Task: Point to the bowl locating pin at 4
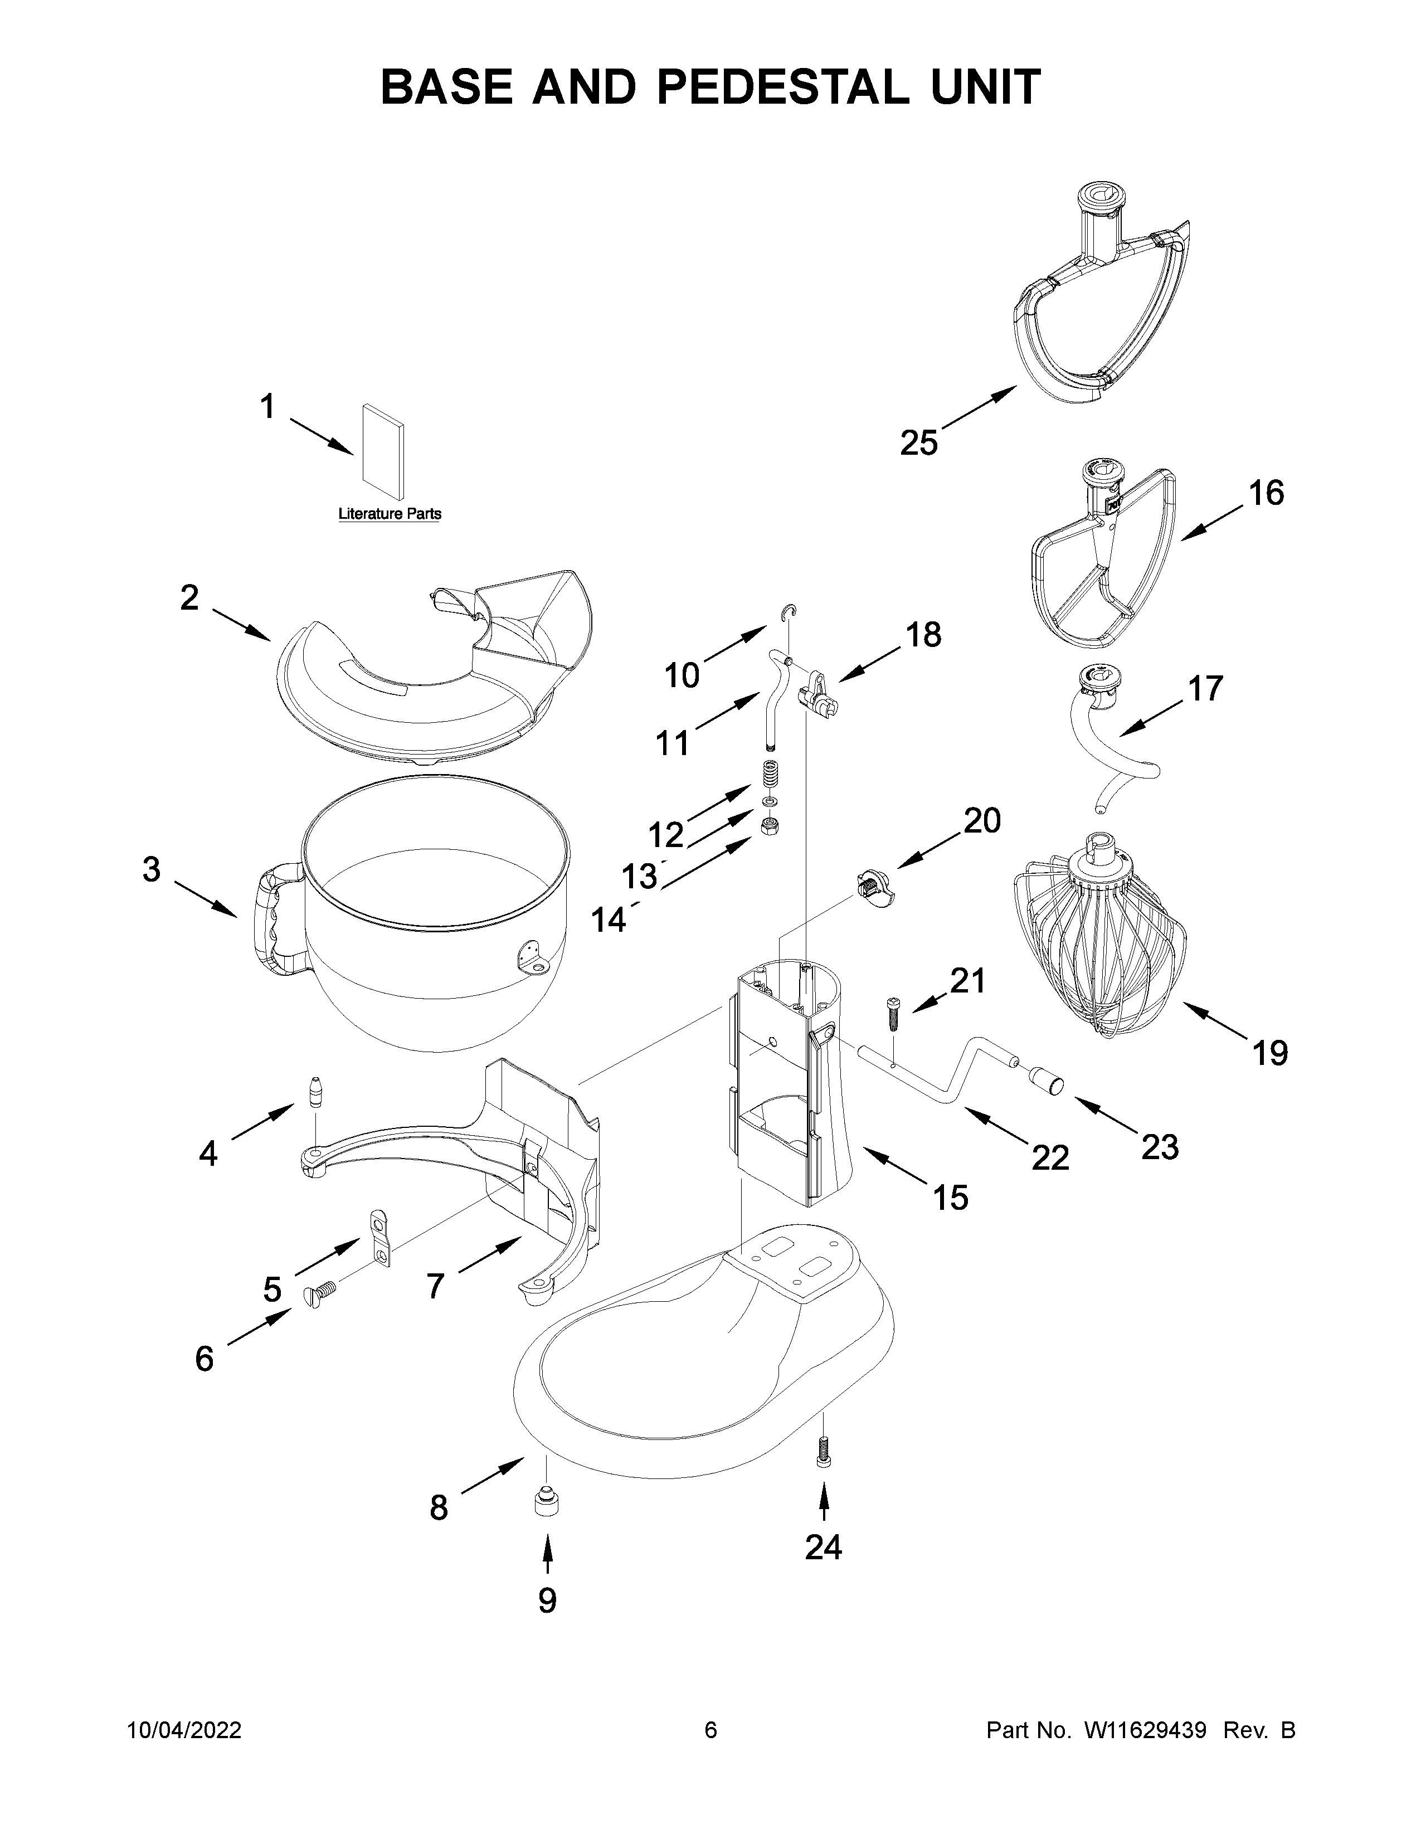coord(318,1093)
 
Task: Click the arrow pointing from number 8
coord(493,1478)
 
